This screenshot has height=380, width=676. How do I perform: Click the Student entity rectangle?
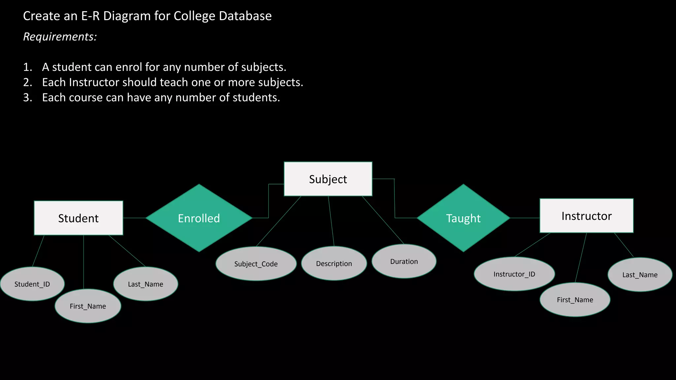(x=79, y=218)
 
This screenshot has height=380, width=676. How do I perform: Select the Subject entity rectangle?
(x=328, y=179)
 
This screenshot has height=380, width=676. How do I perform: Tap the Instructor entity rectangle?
(x=586, y=216)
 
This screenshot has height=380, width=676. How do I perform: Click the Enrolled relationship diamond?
(x=199, y=218)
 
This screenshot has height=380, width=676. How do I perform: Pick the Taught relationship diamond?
(x=463, y=218)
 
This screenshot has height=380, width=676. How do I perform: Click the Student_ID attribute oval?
(x=32, y=284)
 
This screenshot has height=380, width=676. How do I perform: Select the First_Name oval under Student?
(x=88, y=306)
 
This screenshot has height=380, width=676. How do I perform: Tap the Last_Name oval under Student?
(x=146, y=284)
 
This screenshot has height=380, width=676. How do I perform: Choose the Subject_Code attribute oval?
(x=256, y=264)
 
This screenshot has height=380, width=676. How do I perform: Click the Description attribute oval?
(x=334, y=264)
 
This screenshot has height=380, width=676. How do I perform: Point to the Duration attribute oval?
(x=404, y=261)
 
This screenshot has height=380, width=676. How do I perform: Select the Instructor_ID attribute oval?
(x=514, y=274)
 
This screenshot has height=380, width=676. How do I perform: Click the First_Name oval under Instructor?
(x=575, y=300)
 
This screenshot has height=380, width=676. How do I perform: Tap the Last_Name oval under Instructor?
(x=640, y=275)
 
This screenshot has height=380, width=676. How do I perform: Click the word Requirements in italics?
(x=60, y=37)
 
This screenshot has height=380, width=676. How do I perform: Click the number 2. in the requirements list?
(x=28, y=82)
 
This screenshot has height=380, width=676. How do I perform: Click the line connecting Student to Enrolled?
(x=134, y=218)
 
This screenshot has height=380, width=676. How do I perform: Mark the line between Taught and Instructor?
(x=525, y=218)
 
